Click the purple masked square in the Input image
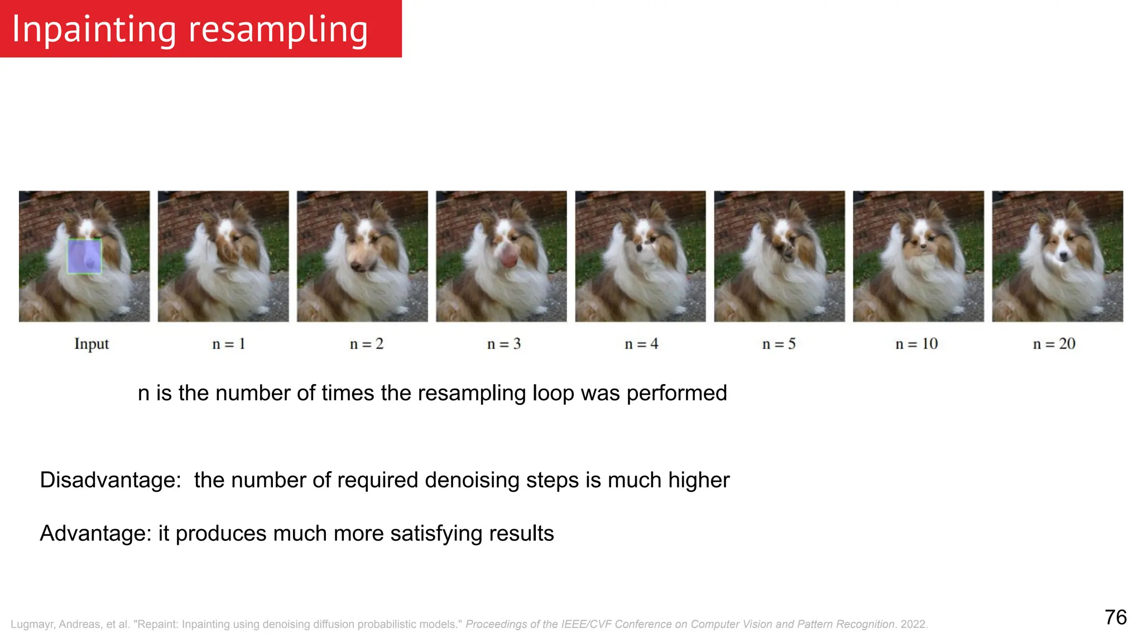point(84,256)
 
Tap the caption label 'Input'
point(92,344)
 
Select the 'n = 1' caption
point(229,344)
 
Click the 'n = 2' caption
point(367,344)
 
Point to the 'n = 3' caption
point(504,344)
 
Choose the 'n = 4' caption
point(641,344)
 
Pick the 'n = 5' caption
point(779,344)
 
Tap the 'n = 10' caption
point(916,344)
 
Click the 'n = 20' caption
point(1054,344)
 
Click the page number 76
point(1116,617)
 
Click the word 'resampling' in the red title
point(278,30)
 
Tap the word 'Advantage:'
point(95,534)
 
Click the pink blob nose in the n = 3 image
point(508,258)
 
